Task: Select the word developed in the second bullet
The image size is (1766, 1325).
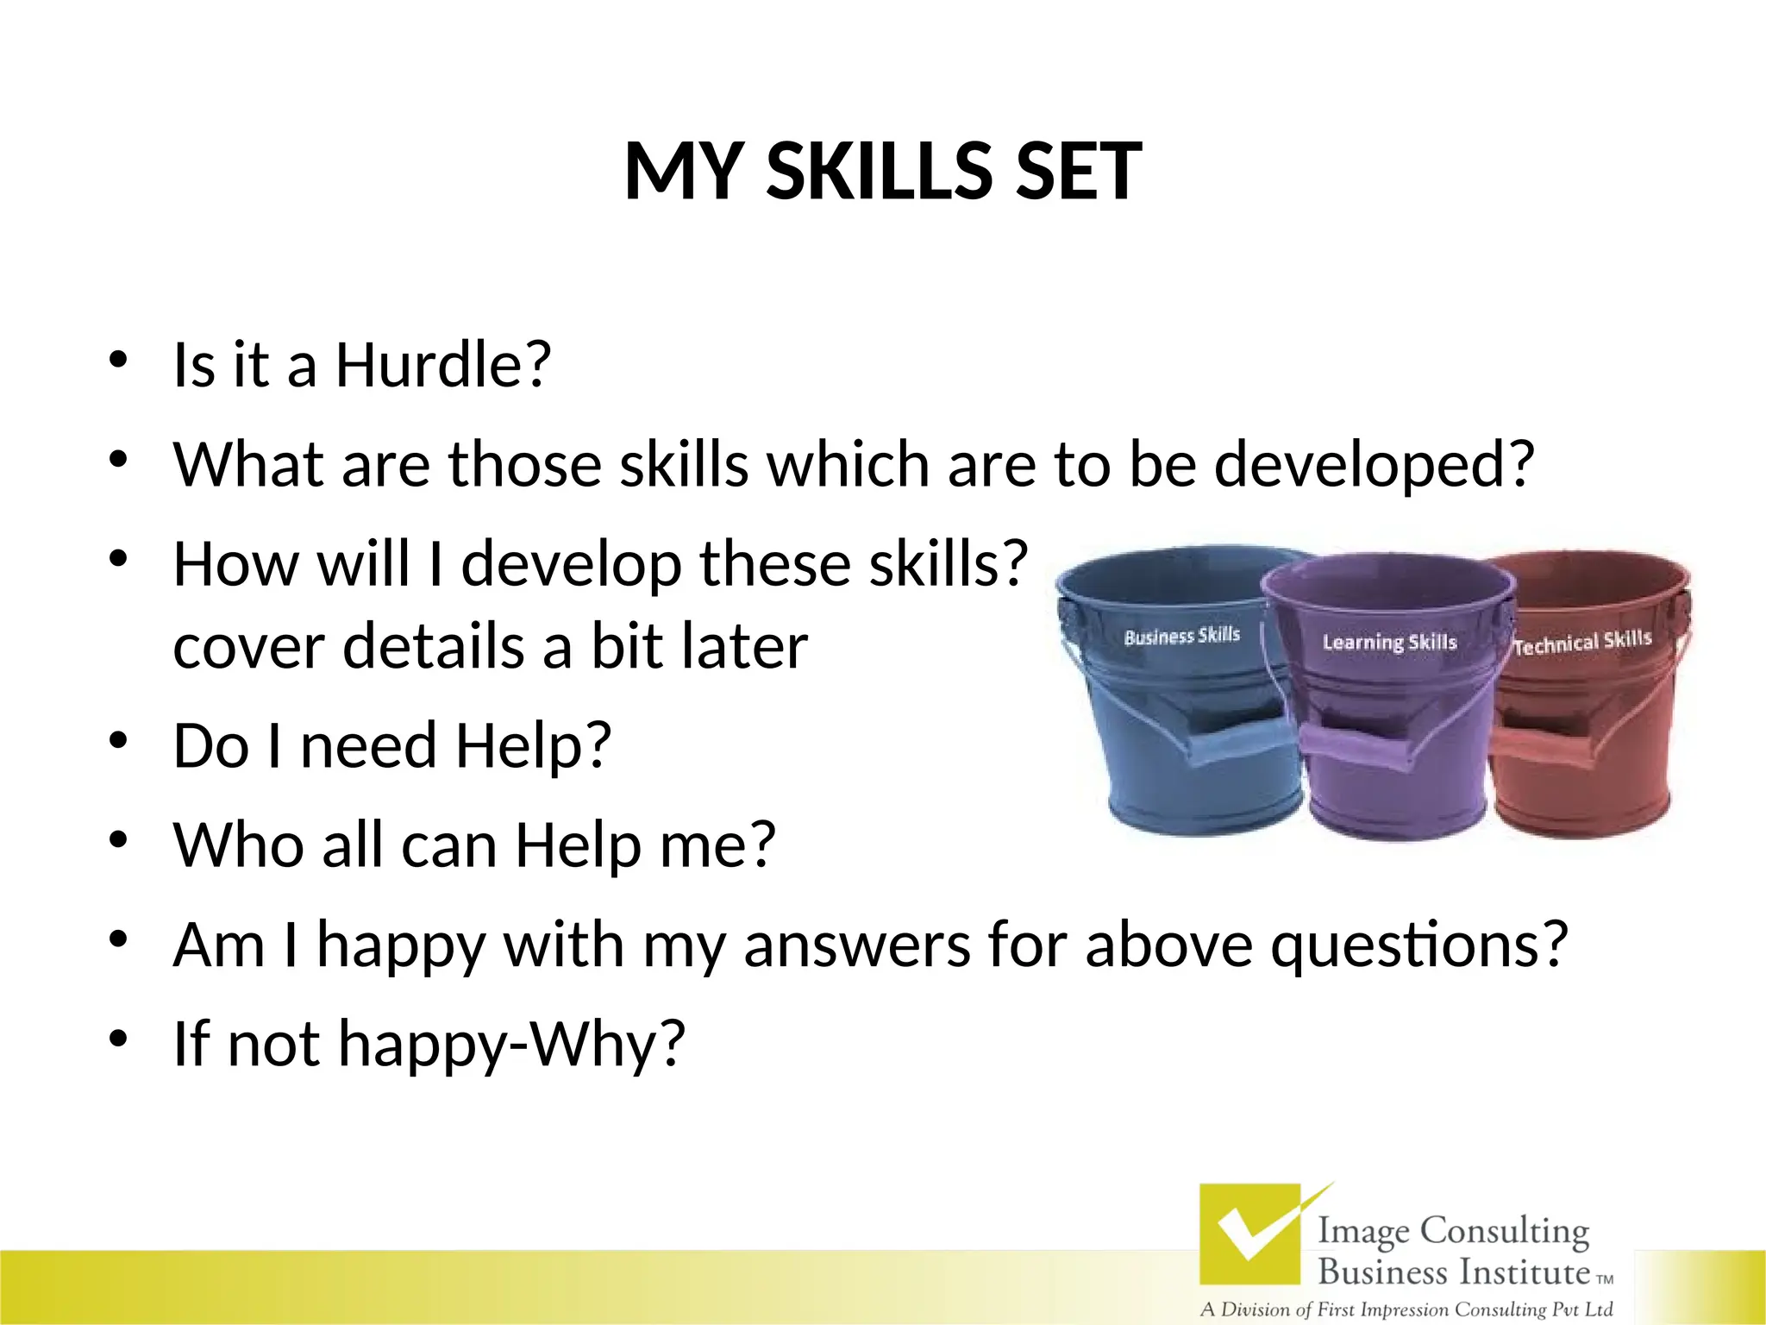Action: click(1373, 466)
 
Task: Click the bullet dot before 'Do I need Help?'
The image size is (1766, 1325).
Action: click(119, 741)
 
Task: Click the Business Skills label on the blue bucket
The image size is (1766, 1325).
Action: click(1181, 637)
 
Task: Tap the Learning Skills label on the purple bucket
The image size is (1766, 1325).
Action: click(1389, 643)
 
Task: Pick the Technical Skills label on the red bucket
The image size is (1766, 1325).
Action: click(1582, 643)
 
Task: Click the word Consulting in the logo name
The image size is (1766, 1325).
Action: click(1504, 1231)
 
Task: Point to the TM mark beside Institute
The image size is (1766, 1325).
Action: click(1605, 1279)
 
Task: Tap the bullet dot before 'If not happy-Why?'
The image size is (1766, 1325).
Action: click(119, 1038)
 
